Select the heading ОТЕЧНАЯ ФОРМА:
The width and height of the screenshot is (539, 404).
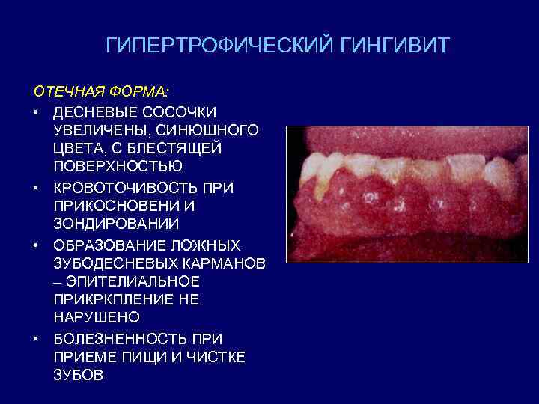[102, 92]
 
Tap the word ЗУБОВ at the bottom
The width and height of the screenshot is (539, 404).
[79, 376]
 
